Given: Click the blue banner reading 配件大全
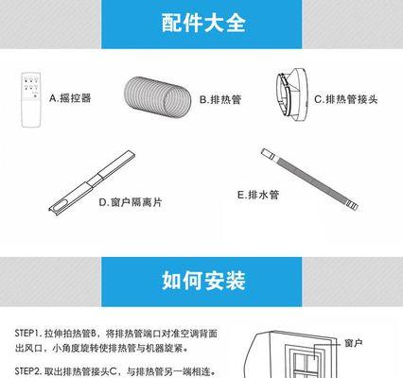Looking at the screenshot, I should (201, 23).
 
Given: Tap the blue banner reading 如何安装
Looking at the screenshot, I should (201, 280).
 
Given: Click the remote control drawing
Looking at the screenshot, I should (32, 96).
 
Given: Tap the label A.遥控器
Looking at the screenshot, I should (71, 97).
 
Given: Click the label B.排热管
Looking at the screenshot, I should (220, 98).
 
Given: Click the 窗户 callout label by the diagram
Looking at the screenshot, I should (354, 343).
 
